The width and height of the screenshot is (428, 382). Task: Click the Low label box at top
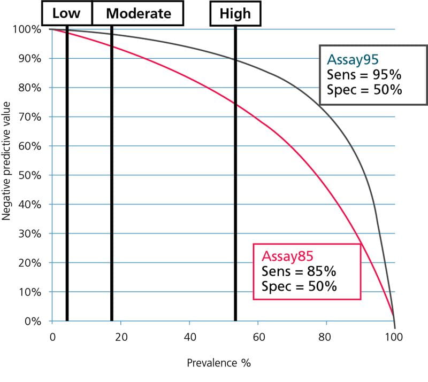(66, 13)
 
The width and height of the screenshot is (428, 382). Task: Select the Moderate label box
(138, 13)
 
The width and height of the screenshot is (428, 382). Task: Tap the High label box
(235, 13)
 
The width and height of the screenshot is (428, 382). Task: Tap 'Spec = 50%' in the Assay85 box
(300, 286)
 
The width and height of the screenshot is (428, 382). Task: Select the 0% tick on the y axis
(33, 322)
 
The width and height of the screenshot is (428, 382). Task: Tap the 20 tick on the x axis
(121, 337)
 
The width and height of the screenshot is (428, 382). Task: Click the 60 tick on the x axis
(258, 337)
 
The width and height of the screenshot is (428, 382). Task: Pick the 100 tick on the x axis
(394, 337)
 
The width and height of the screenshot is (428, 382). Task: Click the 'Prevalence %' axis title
(218, 363)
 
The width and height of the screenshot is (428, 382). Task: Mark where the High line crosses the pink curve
(235, 103)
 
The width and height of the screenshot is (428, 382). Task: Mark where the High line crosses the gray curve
(235, 59)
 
